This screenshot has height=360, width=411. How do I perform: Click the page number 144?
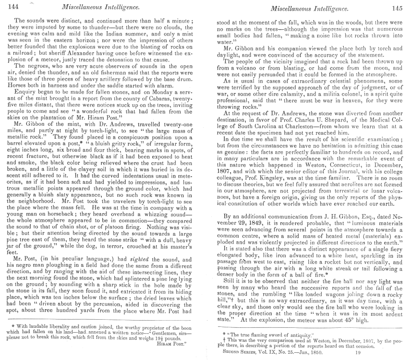(10, 7)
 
